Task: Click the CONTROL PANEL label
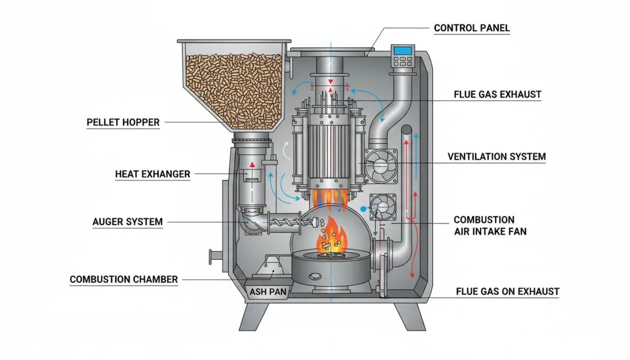point(472,28)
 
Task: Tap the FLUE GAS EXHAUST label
point(497,95)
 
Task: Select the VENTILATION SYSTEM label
point(496,157)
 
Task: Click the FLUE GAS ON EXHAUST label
point(507,292)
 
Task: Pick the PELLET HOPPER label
point(123,123)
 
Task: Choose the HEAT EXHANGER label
point(153,174)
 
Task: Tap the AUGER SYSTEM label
point(127,222)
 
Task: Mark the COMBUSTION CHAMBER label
point(124,279)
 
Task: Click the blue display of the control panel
point(403,51)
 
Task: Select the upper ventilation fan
point(381,164)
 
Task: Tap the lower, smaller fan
point(382,206)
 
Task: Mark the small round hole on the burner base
point(316,276)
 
